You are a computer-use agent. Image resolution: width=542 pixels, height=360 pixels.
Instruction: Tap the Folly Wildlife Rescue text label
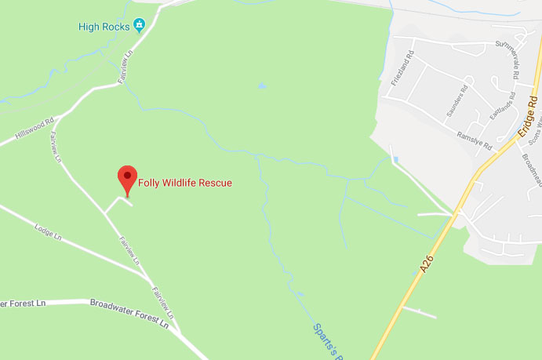(x=185, y=184)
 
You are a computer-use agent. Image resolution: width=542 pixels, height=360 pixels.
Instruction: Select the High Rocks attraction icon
(x=140, y=26)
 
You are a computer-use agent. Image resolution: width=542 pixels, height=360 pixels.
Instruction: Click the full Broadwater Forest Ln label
(x=129, y=312)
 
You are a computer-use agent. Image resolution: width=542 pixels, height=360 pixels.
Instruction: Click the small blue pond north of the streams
(x=261, y=85)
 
